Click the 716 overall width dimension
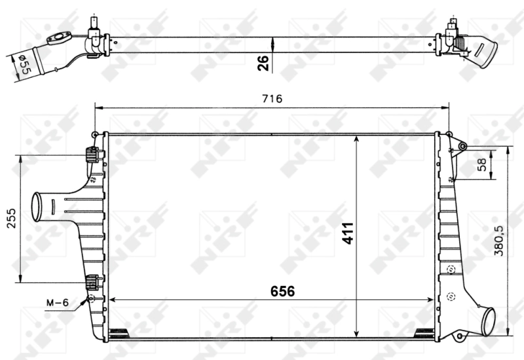(272, 99)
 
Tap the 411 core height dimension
(347, 234)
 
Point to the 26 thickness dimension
(263, 63)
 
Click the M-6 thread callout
(58, 302)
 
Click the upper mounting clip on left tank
(91, 156)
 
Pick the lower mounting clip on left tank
(91, 282)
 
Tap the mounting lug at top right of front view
(462, 145)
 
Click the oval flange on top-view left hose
(59, 39)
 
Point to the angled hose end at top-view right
(485, 52)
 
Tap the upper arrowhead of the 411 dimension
(356, 139)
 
